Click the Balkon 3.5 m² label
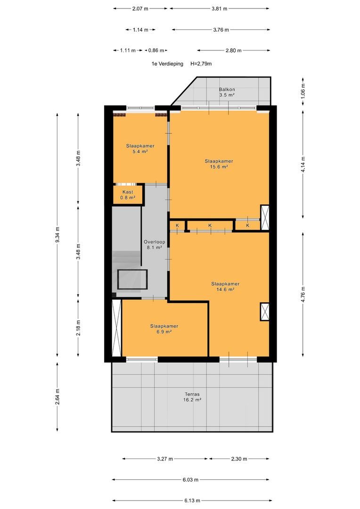(x=227, y=92)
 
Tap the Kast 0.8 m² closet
(x=128, y=195)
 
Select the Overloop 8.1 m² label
(x=155, y=245)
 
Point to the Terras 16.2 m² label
(x=192, y=397)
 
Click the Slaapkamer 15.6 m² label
(x=219, y=164)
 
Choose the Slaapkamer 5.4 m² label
(x=140, y=148)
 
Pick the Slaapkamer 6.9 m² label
(x=164, y=329)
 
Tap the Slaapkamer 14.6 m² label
(x=225, y=287)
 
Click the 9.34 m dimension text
(x=57, y=235)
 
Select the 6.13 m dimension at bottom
(x=192, y=500)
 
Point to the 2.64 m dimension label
(x=57, y=397)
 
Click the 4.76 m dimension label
(x=303, y=295)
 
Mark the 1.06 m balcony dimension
(x=303, y=91)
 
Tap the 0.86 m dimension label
(x=156, y=50)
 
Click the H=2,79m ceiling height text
(x=201, y=64)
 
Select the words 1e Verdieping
(x=167, y=64)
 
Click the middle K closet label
(x=210, y=225)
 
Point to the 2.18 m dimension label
(x=78, y=328)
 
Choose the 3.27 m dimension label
(x=165, y=459)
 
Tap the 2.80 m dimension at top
(x=233, y=50)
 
